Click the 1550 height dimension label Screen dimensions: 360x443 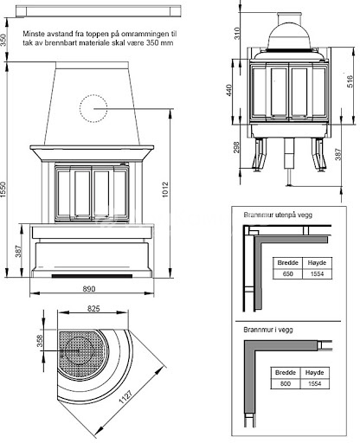pos(3,189)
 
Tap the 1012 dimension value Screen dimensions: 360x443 pos(165,189)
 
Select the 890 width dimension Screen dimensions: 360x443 pos(89,289)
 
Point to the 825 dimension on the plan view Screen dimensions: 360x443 pos(93,309)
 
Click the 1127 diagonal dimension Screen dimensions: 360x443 pos(125,397)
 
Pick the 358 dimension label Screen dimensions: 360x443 pos(40,341)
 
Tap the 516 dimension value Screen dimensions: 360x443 pos(350,81)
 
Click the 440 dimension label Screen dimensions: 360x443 pos(229,90)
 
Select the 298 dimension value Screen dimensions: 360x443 pos(236,147)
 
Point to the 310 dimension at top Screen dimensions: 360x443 pos(236,34)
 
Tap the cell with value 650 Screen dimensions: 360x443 pos(287,273)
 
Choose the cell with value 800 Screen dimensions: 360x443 pos(286,383)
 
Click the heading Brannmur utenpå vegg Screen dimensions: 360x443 pos(278,215)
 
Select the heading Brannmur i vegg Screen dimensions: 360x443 pos(268,330)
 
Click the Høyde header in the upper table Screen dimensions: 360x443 pos(317,263)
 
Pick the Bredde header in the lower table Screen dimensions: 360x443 pos(286,373)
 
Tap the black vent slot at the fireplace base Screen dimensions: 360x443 pos(92,276)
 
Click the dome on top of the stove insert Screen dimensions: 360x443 pos(289,36)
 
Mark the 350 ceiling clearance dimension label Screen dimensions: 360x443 pos(3,40)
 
